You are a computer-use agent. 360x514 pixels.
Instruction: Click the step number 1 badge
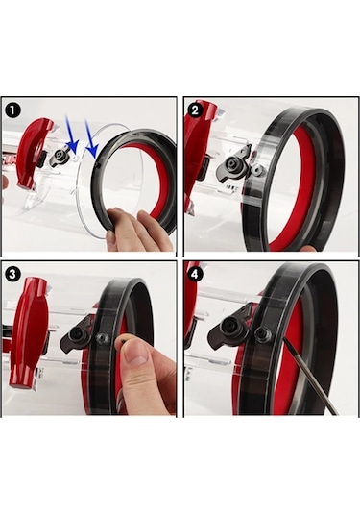click(13, 110)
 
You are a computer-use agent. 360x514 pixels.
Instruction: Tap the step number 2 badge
click(195, 110)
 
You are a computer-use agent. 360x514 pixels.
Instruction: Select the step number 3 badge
click(13, 272)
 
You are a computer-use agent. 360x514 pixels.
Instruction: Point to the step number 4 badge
click(195, 272)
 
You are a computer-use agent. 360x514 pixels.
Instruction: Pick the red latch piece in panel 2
click(199, 144)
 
